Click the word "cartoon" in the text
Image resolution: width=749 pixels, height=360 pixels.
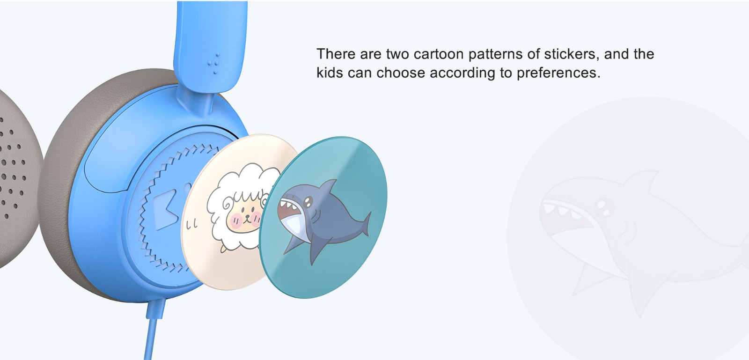tap(439, 54)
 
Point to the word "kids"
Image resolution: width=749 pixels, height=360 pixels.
tap(330, 73)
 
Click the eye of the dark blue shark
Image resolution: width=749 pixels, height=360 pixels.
tap(308, 201)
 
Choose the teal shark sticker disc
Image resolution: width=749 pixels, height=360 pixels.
tap(323, 217)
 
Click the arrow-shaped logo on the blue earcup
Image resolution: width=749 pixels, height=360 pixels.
tap(166, 209)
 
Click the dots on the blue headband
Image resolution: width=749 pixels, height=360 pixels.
tap(213, 63)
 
